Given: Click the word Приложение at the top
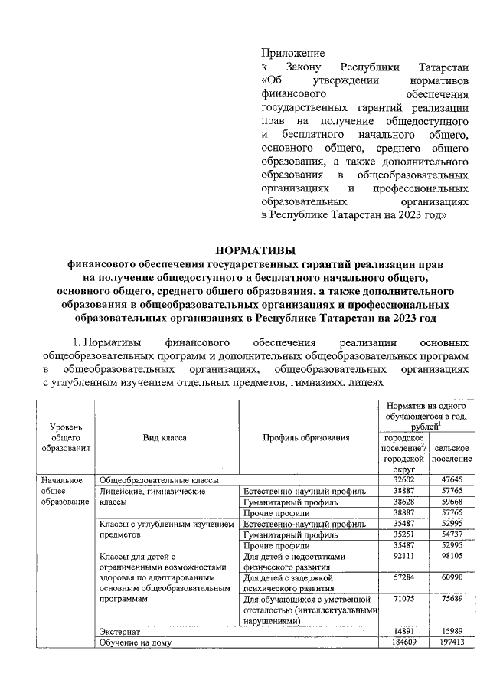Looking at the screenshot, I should (x=292, y=54).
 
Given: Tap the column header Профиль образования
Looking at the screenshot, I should (x=306, y=437).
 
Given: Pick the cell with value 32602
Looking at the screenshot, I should (x=402, y=479).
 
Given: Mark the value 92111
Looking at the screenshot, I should (x=402, y=557).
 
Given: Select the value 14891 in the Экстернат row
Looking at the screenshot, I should (x=402, y=630).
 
